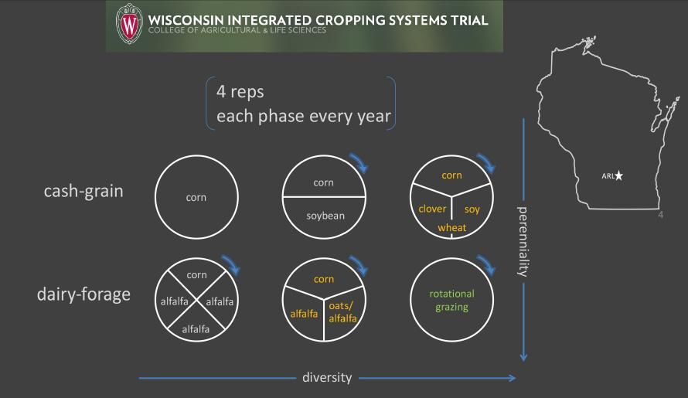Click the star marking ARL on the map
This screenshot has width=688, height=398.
click(618, 176)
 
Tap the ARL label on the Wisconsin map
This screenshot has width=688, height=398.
click(607, 176)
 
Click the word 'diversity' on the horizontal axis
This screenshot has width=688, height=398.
click(327, 378)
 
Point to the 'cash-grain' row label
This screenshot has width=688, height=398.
click(83, 191)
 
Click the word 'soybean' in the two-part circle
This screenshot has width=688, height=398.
click(324, 216)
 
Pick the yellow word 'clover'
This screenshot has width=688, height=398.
click(432, 209)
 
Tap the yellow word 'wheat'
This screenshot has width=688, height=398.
click(452, 227)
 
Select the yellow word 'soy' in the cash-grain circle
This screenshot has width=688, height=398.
click(472, 209)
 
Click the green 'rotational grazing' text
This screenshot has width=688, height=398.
click(452, 301)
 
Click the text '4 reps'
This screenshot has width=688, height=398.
click(240, 93)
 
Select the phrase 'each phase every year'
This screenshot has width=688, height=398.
click(303, 117)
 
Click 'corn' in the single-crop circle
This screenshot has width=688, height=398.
click(196, 198)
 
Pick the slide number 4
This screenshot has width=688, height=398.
click(660, 215)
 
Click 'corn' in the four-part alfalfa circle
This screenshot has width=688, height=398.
click(197, 274)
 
